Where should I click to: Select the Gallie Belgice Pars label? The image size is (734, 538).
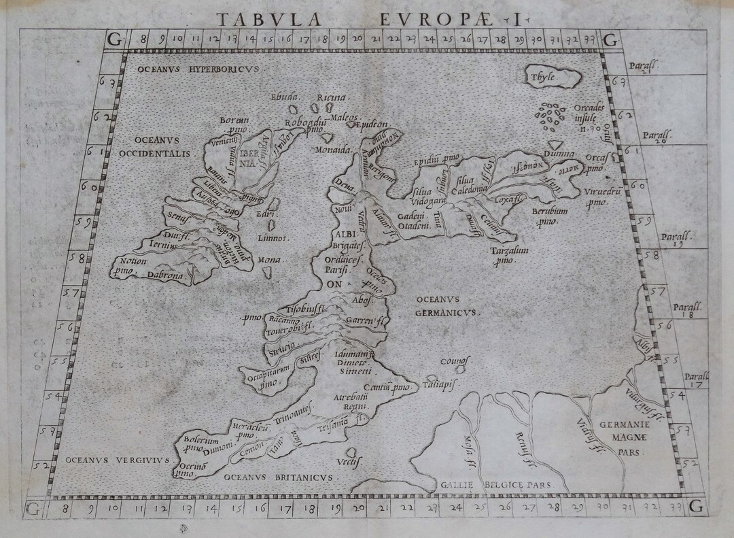click(x=493, y=485)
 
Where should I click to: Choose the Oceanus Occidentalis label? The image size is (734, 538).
click(x=153, y=148)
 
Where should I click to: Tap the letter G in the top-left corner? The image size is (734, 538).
click(x=115, y=40)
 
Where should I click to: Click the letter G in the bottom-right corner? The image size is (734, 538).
click(x=696, y=507)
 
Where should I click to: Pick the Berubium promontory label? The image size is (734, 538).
click(x=549, y=216)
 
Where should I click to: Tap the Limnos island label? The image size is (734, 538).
click(x=273, y=238)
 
